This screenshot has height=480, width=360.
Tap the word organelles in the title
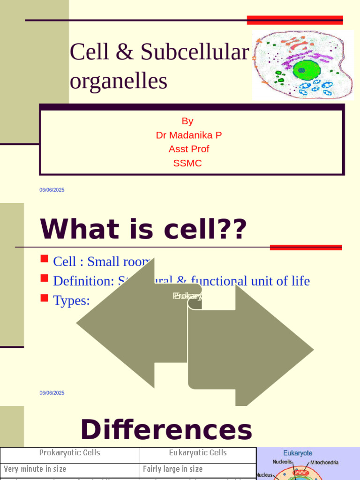(119, 81)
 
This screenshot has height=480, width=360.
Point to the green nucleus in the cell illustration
(307, 70)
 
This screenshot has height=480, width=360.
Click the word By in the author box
(187, 121)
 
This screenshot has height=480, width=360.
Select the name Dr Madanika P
(189, 135)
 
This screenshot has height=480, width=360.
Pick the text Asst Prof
(189, 149)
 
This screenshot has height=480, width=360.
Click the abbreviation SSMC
(187, 163)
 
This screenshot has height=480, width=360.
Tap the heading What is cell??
(143, 230)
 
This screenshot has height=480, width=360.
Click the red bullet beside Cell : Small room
(45, 258)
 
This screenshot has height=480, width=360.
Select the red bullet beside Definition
(45, 278)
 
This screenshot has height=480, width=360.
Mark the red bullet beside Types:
(45, 298)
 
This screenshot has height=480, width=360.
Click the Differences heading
(166, 430)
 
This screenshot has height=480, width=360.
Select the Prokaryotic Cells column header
(69, 453)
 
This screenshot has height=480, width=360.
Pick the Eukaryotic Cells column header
(197, 453)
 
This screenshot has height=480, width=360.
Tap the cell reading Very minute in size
(35, 469)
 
